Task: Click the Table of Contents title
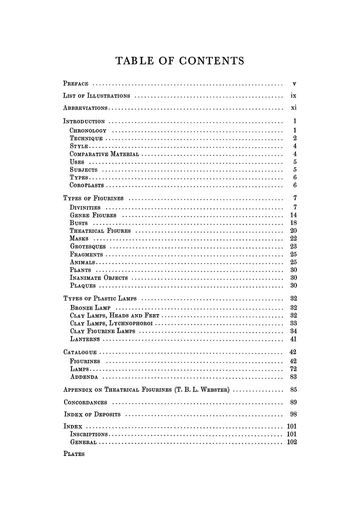pyautogui.click(x=180, y=62)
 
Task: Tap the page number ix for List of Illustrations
pyautogui.click(x=294, y=95)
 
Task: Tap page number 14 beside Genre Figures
pyautogui.click(x=294, y=215)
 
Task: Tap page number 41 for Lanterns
pyautogui.click(x=294, y=339)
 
